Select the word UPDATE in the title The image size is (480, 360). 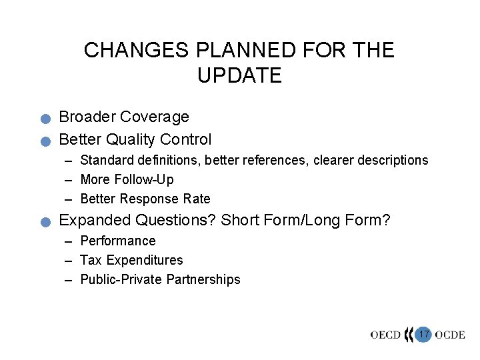239,75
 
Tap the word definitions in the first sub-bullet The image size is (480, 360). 170,160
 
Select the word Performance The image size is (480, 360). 117,241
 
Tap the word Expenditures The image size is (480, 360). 143,260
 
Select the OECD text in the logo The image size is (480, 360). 386,335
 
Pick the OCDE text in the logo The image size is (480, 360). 450,335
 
